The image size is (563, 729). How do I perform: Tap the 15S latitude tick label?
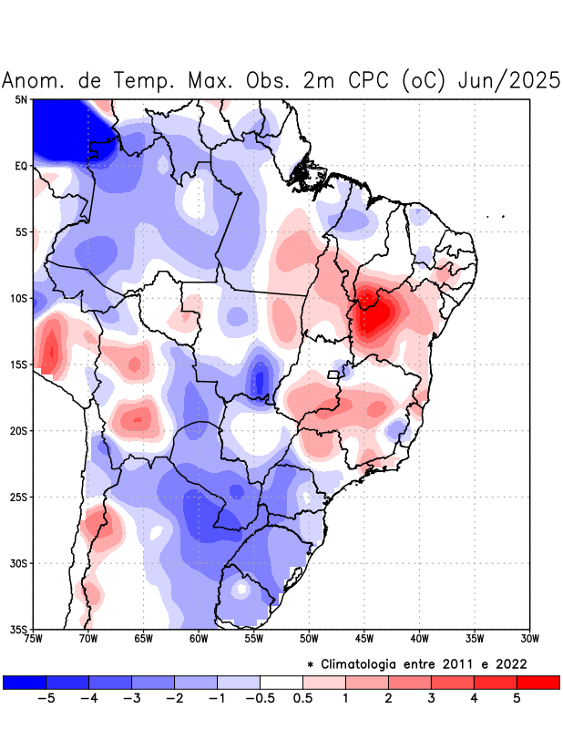pos(19,364)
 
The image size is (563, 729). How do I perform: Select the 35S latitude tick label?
pos(19,629)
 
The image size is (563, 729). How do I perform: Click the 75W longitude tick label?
pos(34,639)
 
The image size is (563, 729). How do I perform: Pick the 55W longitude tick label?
pos(254,639)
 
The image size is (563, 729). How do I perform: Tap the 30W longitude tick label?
pos(530,639)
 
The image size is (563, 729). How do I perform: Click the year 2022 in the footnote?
pos(510,663)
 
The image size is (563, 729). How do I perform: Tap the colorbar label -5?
pos(46,698)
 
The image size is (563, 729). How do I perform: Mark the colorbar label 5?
pos(517,698)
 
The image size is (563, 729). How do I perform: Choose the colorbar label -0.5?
pos(261,698)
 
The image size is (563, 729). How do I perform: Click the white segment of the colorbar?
pos(281,682)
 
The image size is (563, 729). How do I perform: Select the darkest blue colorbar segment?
pos(25,682)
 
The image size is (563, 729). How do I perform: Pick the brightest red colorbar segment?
pos(537,682)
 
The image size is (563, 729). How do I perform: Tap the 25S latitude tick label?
pos(19,497)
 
